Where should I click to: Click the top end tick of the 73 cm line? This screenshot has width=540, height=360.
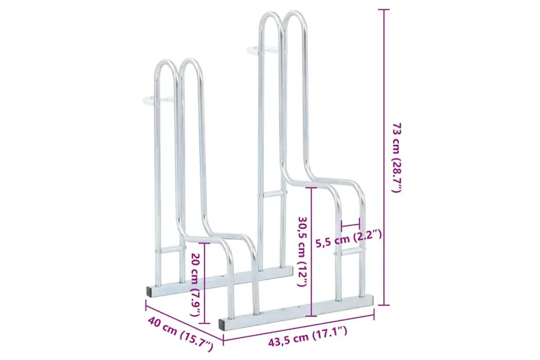(x=384, y=10)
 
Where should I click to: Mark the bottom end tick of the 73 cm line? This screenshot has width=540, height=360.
(x=384, y=304)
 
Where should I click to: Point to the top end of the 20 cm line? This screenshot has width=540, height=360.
(x=205, y=244)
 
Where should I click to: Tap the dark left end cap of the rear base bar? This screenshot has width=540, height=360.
(x=150, y=293)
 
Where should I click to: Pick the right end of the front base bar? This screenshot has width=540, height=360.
(x=373, y=300)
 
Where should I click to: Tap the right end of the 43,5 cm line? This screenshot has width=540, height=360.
(x=374, y=316)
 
